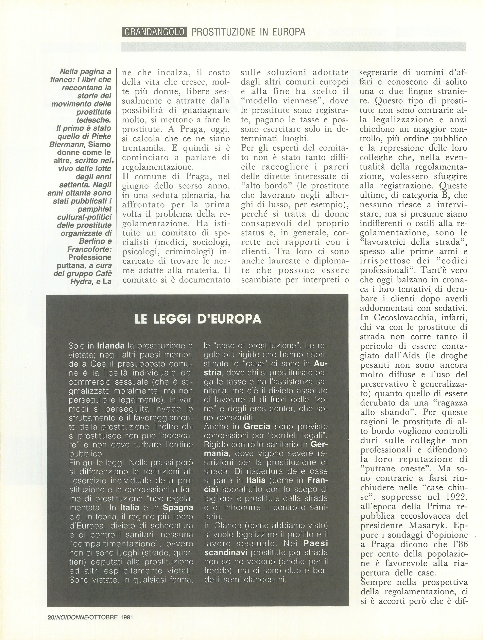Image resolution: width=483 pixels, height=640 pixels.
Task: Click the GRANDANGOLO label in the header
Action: (154, 32)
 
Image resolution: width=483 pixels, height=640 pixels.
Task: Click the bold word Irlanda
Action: (111, 346)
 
